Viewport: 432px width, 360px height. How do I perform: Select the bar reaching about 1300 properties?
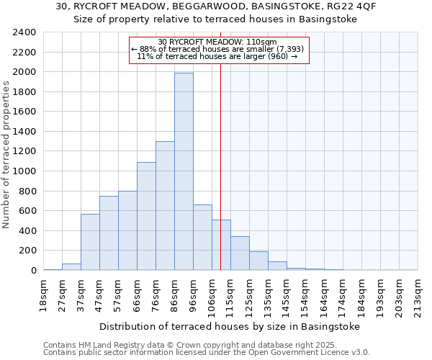pyautogui.click(x=165, y=205)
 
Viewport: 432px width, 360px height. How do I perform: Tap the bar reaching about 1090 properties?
pyautogui.click(x=146, y=216)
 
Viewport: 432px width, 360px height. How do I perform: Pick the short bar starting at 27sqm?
pyautogui.click(x=71, y=266)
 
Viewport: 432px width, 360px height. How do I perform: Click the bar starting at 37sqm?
pyautogui.click(x=90, y=242)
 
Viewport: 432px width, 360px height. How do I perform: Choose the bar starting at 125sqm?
pyautogui.click(x=258, y=261)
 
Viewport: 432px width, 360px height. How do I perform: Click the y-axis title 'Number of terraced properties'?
pyautogui.click(x=6, y=155)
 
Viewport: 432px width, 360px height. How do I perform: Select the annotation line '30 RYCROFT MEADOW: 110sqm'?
pyautogui.click(x=217, y=42)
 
